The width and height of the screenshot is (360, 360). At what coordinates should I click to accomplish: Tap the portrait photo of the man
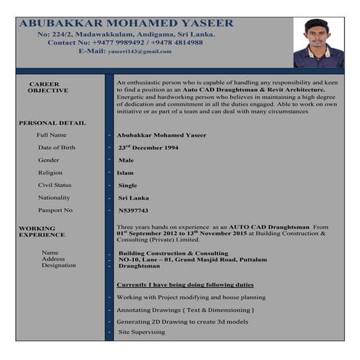pos(318,43)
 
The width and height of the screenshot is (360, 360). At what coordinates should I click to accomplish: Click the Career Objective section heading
pos(48,87)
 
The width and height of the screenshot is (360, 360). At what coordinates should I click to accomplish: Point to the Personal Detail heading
pos(52,123)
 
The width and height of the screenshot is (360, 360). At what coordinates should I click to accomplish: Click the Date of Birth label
pos(56,148)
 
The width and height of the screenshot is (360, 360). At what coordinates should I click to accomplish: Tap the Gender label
pos(49,160)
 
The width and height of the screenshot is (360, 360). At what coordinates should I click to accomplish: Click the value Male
pos(126,160)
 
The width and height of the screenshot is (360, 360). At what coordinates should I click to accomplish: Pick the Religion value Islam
pos(125,172)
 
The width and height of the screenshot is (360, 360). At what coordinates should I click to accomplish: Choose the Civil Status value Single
pos(127,185)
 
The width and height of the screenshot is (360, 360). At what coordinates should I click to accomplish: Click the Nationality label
pos(54,198)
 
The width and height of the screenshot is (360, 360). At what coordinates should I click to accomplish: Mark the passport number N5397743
pos(133,210)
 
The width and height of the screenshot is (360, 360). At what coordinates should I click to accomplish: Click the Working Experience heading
pos(41,231)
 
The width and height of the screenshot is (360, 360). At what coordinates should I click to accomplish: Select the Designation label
pos(58,265)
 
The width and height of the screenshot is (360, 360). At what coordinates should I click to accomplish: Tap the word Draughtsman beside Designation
pos(139,266)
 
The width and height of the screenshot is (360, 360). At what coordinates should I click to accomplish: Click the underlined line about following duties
pos(185,284)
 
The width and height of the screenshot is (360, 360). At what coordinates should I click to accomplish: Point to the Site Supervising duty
pos(141,332)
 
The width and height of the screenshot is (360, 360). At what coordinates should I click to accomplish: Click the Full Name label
pos(52,135)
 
